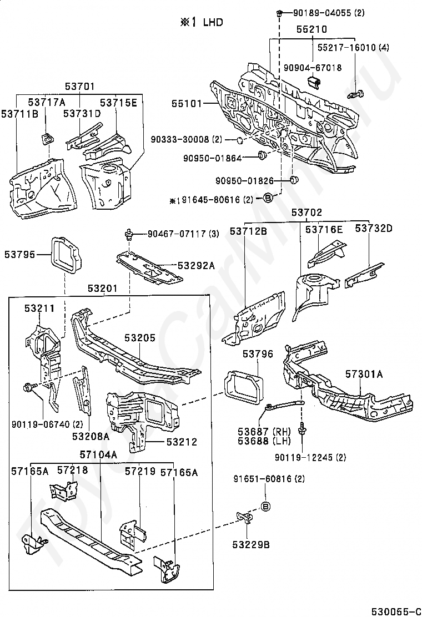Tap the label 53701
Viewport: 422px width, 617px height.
(79, 86)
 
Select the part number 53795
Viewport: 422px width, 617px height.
(19, 255)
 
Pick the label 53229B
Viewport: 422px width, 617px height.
(251, 544)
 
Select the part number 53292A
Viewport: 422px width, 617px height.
(195, 266)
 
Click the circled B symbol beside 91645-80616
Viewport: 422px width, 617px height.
(267, 198)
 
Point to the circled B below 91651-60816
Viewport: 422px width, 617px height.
(265, 505)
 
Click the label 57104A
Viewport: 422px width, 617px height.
(99, 455)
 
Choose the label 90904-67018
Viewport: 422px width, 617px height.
(313, 67)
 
